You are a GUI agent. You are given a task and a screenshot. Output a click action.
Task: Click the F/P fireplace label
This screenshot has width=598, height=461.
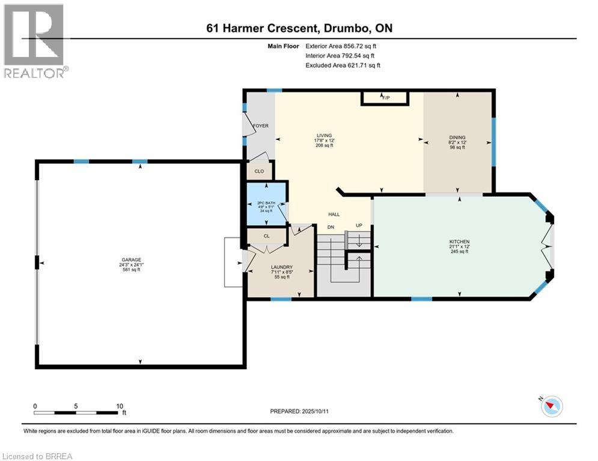click(385, 97)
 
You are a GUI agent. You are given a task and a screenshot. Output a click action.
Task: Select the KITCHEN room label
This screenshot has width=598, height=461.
click(459, 241)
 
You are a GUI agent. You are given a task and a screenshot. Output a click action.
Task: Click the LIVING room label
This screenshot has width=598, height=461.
click(325, 136)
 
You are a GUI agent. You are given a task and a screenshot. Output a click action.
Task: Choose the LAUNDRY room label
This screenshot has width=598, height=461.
click(281, 267)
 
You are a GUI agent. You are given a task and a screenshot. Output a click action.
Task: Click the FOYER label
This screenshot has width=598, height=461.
click(260, 125)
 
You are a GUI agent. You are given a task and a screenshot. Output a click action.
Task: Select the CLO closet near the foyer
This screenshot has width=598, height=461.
click(259, 171)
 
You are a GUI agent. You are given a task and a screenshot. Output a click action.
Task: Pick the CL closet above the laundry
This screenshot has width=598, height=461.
click(266, 236)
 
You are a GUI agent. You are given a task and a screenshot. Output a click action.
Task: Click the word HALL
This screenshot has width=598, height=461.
click(334, 214)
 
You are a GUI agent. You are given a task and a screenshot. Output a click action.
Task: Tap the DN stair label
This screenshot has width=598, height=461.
click(330, 227)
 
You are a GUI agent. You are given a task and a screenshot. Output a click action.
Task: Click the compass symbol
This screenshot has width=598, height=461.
click(551, 407)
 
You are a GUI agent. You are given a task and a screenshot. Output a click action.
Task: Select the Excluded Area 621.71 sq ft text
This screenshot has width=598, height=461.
click(343, 65)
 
